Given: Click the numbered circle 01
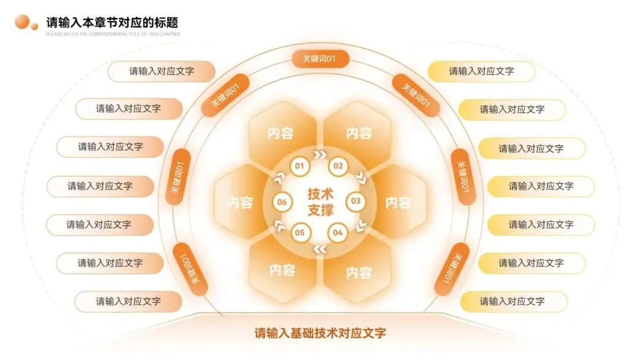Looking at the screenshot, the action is pyautogui.click(x=300, y=165).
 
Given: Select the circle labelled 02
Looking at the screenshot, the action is pyautogui.click(x=338, y=165).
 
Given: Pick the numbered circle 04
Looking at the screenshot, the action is pyautogui.click(x=338, y=233).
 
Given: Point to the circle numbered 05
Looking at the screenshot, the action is pyautogui.click(x=300, y=233).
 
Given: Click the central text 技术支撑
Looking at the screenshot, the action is pyautogui.click(x=320, y=202).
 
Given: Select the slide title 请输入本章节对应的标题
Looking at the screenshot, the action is pyautogui.click(x=112, y=23).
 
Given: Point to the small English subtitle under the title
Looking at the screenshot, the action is pyautogui.click(x=113, y=34).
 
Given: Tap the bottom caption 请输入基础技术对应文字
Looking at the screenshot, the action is pyautogui.click(x=320, y=333).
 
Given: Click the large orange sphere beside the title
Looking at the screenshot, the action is pyautogui.click(x=22, y=22).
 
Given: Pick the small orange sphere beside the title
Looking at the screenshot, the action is pyautogui.click(x=34, y=26).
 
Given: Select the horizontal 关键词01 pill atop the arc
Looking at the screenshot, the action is pyautogui.click(x=319, y=59).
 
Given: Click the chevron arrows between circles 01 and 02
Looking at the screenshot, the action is pyautogui.click(x=319, y=156).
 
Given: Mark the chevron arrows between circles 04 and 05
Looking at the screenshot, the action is pyautogui.click(x=319, y=249).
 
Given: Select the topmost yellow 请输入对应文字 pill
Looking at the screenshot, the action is pyautogui.click(x=481, y=71).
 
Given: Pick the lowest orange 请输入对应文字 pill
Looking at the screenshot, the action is pyautogui.click(x=128, y=301).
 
